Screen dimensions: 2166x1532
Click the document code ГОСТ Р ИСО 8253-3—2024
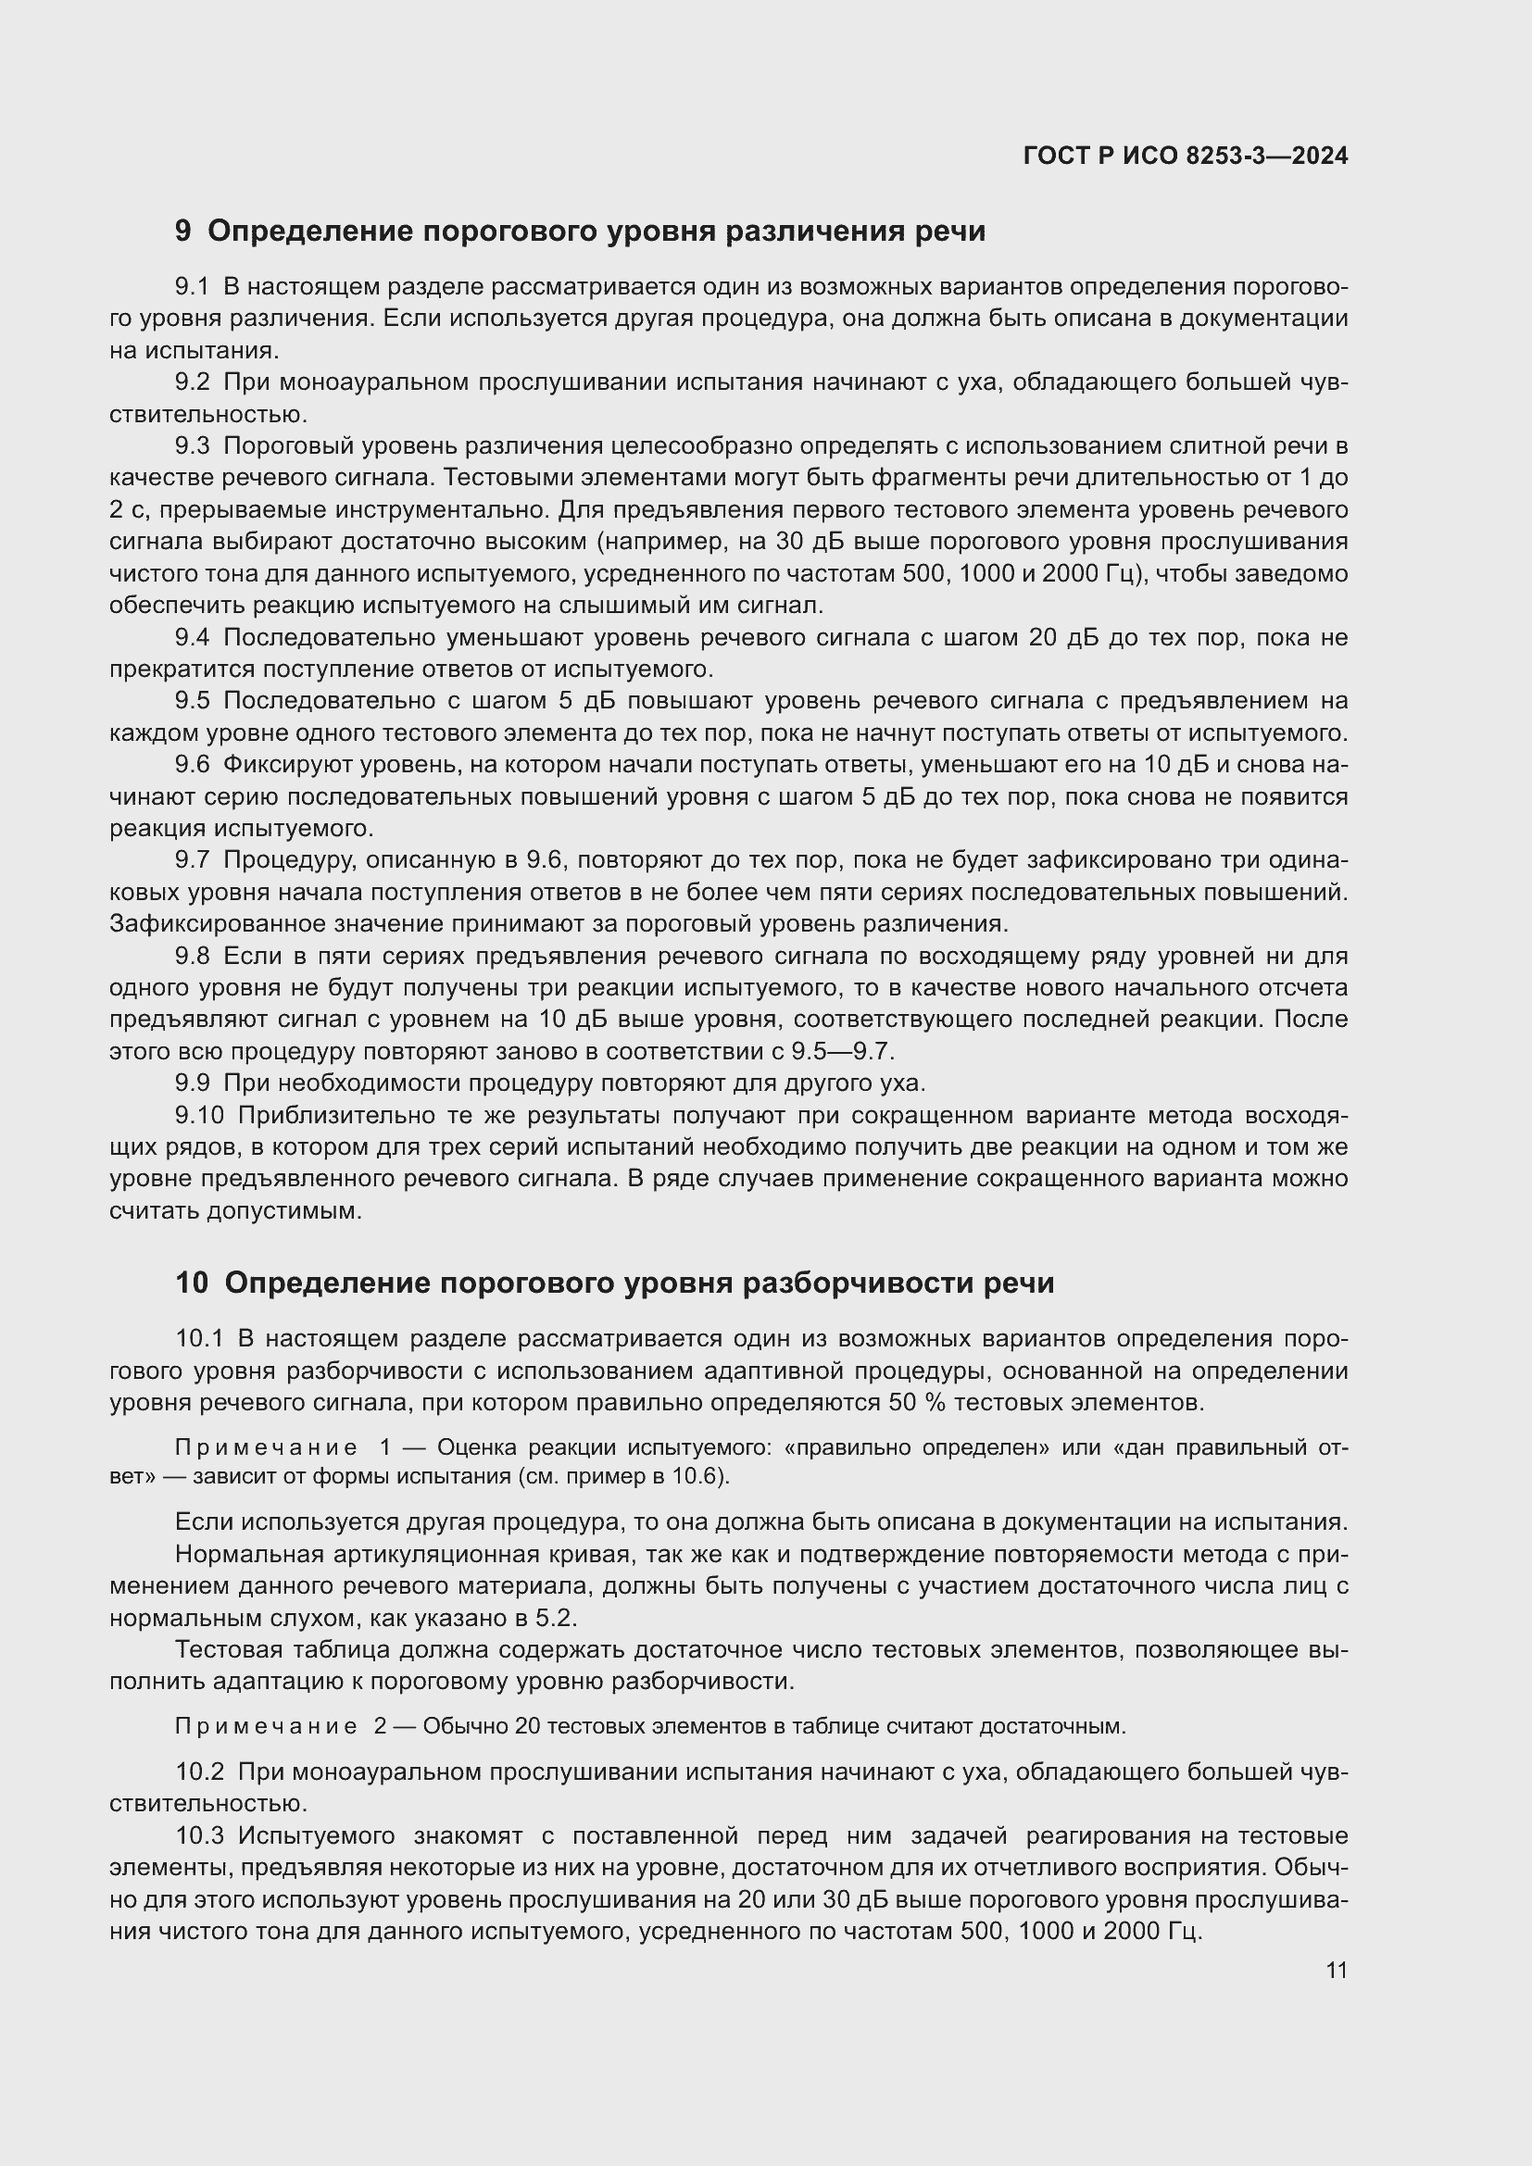tap(1185, 156)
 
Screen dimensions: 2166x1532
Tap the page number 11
tap(1336, 1970)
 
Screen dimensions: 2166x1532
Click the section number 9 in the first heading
tap(183, 232)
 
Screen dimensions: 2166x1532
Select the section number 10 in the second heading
tap(192, 1283)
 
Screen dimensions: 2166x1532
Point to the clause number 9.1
tap(192, 287)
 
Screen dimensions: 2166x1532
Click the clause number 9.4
tap(192, 638)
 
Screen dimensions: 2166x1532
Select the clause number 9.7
tap(192, 860)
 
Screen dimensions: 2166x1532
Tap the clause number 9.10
tap(199, 1115)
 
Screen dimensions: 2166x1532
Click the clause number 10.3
tap(199, 1835)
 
